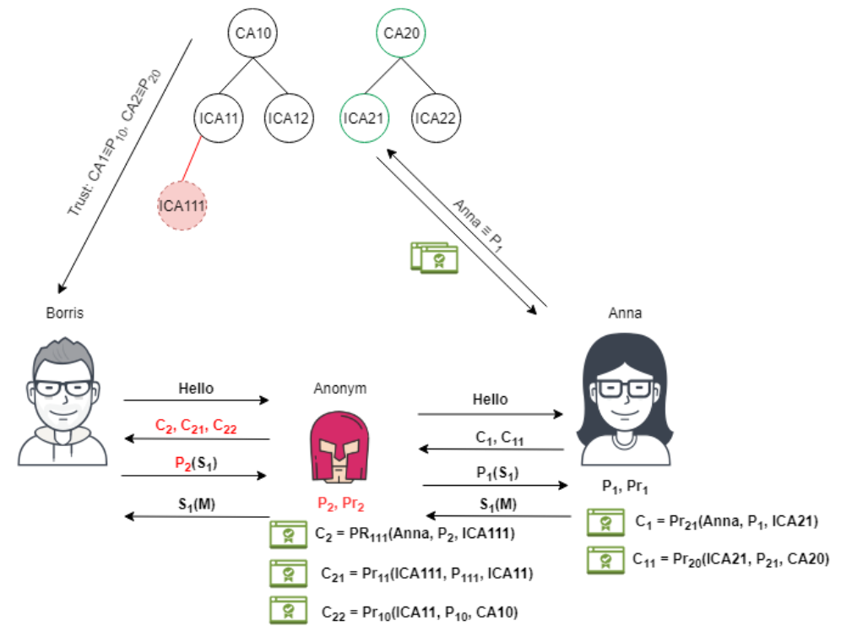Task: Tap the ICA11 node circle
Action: pyautogui.click(x=219, y=117)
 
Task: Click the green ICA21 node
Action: pyautogui.click(x=365, y=117)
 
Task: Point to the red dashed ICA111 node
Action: pyautogui.click(x=182, y=204)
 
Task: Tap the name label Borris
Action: pyautogui.click(x=65, y=313)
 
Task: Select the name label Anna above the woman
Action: pyautogui.click(x=626, y=313)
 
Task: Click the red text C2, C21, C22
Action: pyautogui.click(x=196, y=427)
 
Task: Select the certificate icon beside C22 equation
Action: pyautogui.click(x=288, y=611)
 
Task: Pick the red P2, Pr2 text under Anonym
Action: pyautogui.click(x=341, y=504)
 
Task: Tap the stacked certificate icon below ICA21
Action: pyautogui.click(x=434, y=257)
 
